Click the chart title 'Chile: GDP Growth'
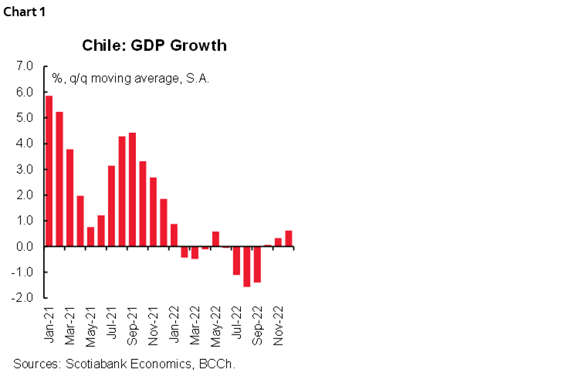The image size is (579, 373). click(154, 45)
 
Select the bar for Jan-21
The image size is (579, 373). click(49, 171)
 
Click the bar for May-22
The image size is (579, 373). click(215, 239)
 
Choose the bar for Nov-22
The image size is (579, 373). click(278, 242)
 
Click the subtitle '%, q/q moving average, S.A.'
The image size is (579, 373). click(130, 79)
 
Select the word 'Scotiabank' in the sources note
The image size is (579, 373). click(94, 363)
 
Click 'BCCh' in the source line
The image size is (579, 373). click(217, 363)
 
